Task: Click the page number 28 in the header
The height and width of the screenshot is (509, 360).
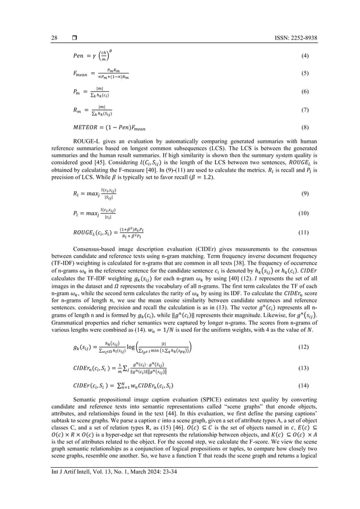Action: [54, 38]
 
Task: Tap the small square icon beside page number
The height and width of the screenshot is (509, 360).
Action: [74, 38]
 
